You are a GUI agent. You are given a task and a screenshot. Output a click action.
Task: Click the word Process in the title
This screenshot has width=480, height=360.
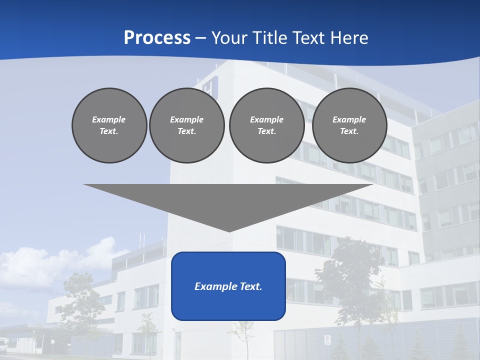tap(157, 37)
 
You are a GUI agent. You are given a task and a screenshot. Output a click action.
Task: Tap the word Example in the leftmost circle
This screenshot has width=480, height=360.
tap(109, 119)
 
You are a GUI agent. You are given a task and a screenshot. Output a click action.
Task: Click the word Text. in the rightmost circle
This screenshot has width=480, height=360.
tap(349, 131)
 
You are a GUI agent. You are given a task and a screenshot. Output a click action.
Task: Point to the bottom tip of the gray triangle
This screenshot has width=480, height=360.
tap(229, 231)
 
